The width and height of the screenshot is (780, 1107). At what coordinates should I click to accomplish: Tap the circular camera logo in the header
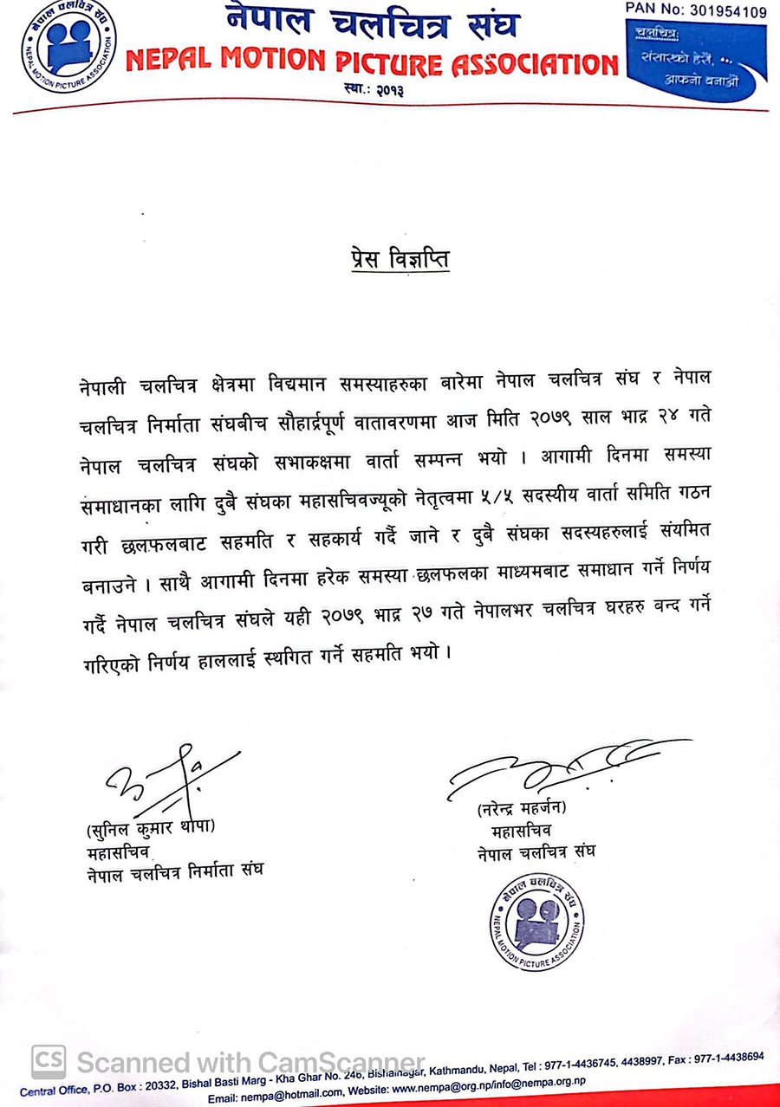(69, 42)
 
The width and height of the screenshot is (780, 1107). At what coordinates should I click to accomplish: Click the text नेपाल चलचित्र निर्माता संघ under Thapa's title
(174, 870)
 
